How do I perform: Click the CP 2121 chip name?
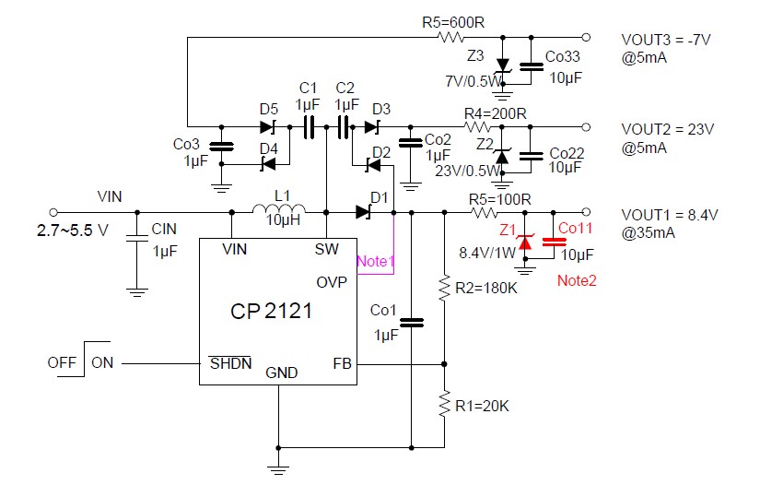(271, 313)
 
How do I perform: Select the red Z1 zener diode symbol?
(525, 242)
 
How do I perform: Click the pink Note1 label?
(375, 261)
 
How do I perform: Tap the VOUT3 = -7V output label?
(670, 41)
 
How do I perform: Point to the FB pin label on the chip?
(342, 363)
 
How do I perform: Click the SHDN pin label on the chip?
(230, 363)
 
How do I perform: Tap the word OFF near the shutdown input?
(62, 363)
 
